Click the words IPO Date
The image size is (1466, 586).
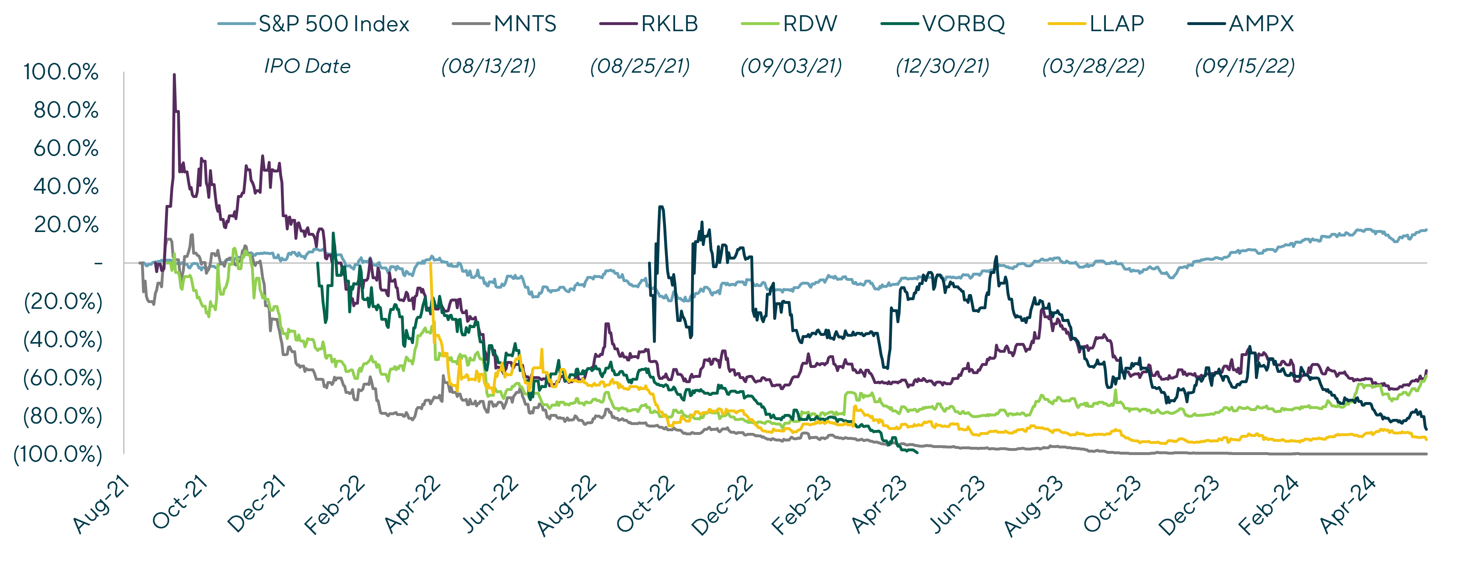tap(307, 66)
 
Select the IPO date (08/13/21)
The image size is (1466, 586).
tap(488, 67)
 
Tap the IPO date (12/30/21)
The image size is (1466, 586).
tap(942, 67)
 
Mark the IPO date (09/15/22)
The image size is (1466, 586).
tap(1245, 67)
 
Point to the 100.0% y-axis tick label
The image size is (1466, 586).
tap(61, 72)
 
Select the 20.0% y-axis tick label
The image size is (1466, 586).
tap(66, 225)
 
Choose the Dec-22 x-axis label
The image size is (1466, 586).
tap(723, 506)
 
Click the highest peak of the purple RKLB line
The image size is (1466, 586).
tap(174, 74)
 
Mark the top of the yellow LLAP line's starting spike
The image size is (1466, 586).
tap(430, 263)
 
